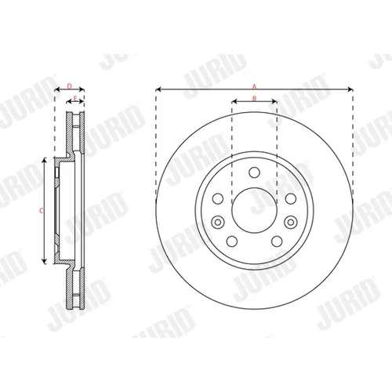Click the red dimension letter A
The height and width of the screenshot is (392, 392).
[254, 86]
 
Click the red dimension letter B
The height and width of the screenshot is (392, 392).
[254, 98]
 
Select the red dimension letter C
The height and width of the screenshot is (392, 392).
[41, 210]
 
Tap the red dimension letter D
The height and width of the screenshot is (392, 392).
[69, 86]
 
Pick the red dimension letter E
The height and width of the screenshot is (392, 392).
[75, 99]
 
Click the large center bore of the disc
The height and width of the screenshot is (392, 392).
[254, 210]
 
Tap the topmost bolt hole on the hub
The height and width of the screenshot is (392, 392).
[254, 172]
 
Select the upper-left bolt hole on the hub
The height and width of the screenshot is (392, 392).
[218, 198]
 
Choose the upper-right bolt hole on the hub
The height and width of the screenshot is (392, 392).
[291, 198]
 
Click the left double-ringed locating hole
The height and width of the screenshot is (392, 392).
[218, 223]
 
